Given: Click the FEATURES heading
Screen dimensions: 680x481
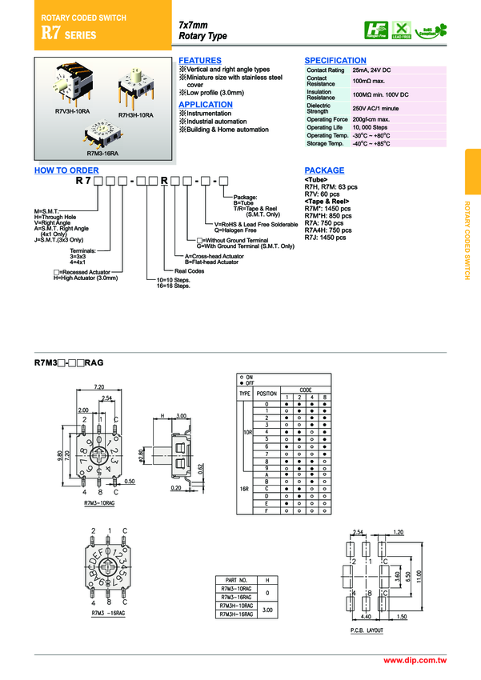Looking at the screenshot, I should tap(199, 61).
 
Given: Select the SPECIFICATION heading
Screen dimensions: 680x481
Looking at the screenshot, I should tap(335, 61).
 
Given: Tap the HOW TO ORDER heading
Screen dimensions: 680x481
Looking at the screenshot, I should tap(66, 170).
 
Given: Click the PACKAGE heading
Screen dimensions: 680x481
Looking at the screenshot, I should tap(324, 170).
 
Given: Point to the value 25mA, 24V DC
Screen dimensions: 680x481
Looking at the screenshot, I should tap(371, 70).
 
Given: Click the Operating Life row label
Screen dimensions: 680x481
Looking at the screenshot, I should tap(324, 127).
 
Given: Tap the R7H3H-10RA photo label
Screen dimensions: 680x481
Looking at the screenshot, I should tap(136, 115).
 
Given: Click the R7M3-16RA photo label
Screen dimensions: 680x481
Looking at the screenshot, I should tap(102, 152).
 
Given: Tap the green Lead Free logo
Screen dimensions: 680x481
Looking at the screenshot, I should tap(401, 30).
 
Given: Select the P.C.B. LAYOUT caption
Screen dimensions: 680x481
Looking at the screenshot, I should tap(367, 630).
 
